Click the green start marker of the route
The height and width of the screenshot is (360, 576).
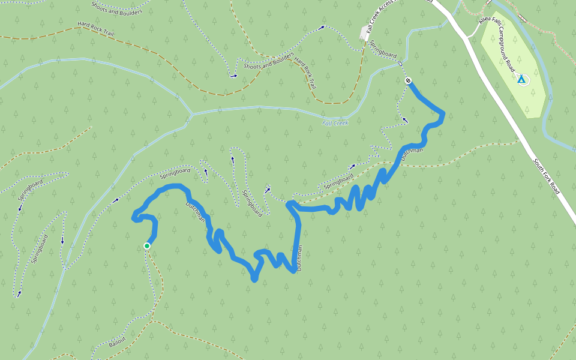(x=147, y=245)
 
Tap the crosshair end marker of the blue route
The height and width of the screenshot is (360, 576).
(x=408, y=80)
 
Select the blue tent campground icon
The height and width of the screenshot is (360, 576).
(x=521, y=79)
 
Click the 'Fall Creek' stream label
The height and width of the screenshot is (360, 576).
(x=335, y=123)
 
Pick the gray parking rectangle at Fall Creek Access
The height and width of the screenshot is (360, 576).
(x=364, y=35)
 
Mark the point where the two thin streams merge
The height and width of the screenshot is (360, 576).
(x=191, y=113)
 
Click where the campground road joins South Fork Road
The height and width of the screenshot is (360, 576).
(x=468, y=38)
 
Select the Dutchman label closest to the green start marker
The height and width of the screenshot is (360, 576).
(x=196, y=211)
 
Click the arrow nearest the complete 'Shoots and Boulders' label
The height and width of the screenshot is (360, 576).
(x=233, y=76)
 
